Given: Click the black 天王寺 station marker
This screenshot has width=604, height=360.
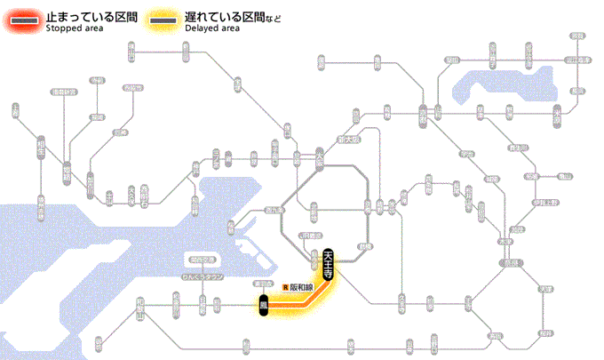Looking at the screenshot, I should [x=329, y=264].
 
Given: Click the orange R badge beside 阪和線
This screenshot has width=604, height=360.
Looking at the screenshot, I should [x=284, y=287].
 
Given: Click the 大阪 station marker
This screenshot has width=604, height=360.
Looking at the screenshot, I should [x=320, y=160].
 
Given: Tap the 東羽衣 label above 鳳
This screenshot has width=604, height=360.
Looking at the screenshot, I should [x=262, y=284].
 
